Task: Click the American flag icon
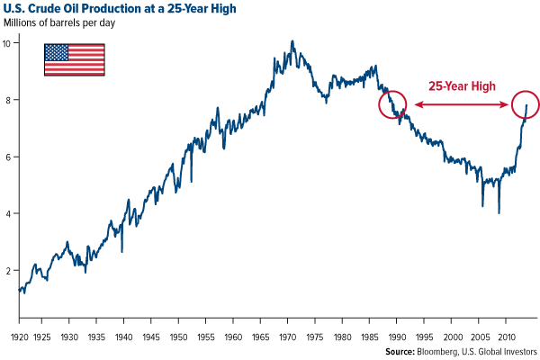(x=74, y=58)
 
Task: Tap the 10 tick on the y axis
(x=8, y=42)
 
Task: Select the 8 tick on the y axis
(x=8, y=100)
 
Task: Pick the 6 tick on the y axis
(x=8, y=157)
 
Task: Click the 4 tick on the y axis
(x=8, y=213)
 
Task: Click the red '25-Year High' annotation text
(x=463, y=85)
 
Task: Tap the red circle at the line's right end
(x=525, y=104)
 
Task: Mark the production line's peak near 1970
(x=292, y=41)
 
